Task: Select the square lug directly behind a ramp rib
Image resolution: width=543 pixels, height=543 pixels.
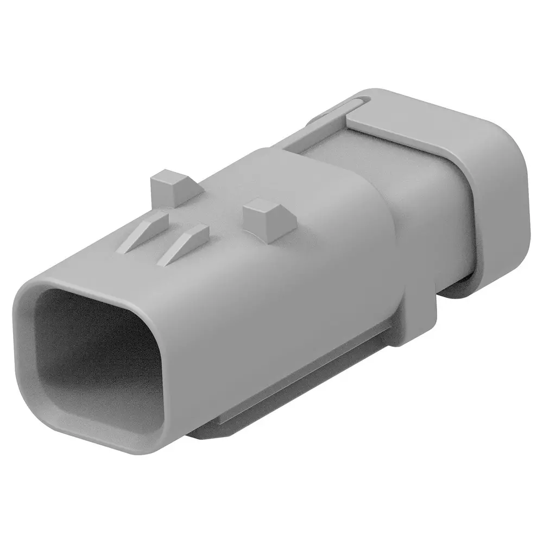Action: click(171, 187)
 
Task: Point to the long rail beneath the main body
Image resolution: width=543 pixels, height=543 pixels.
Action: click(304, 380)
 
